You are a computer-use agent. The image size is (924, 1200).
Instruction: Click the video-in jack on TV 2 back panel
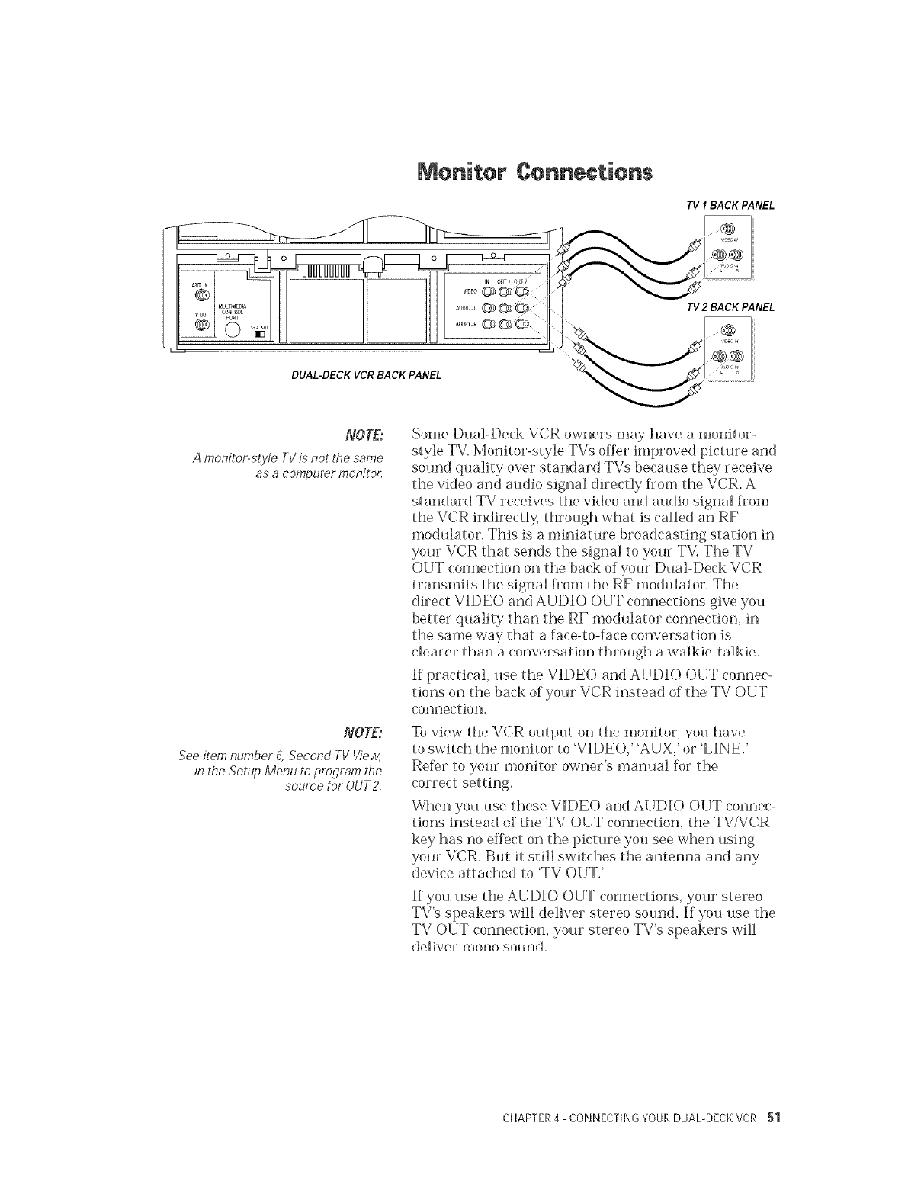[x=727, y=329]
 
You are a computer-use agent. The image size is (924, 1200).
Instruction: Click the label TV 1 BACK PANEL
[x=720, y=205]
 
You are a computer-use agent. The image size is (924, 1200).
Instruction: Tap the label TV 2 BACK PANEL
[x=720, y=307]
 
